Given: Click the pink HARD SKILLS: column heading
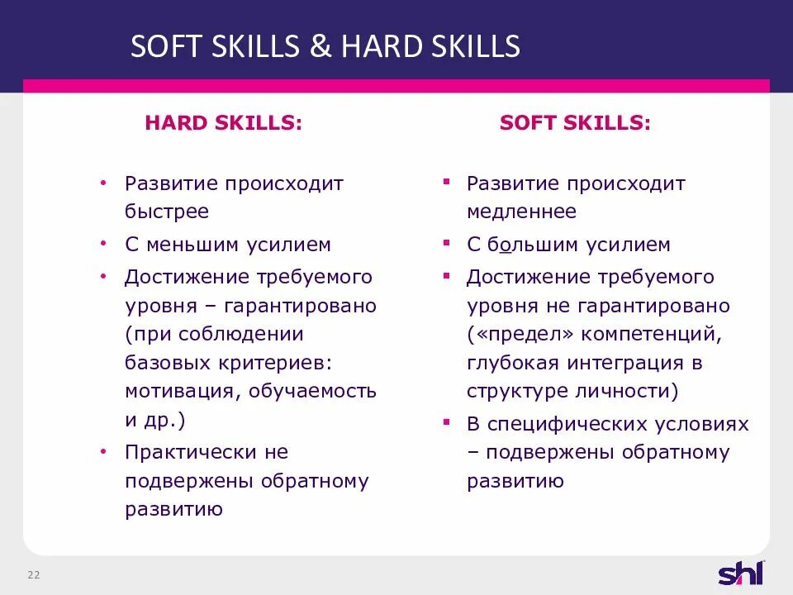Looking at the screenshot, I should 223,123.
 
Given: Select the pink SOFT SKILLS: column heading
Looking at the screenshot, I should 575,123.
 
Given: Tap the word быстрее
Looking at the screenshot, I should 167,212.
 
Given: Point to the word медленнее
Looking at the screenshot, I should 521,212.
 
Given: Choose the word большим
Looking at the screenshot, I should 533,245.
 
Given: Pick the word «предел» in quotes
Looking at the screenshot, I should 520,335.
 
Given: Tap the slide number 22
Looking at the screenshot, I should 34,575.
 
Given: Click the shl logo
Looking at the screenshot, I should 741,573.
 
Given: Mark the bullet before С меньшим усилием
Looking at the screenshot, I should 103,245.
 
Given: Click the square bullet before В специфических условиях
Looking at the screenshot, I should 446,421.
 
